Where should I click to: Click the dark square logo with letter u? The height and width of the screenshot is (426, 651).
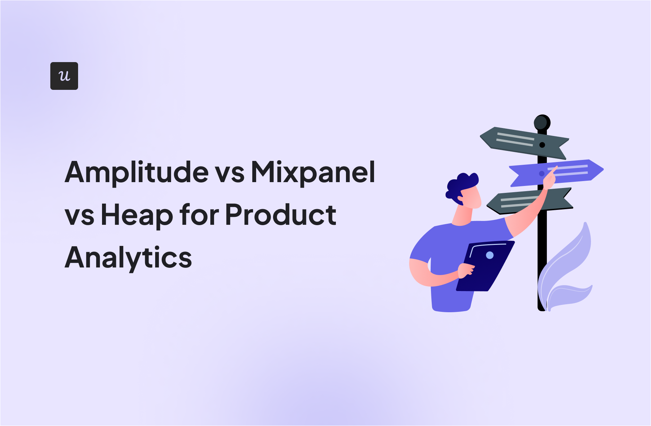pyautogui.click(x=64, y=76)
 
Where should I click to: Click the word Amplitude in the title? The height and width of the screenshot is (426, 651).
pyautogui.click(x=137, y=172)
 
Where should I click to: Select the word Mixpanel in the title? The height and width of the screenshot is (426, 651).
pyautogui.click(x=313, y=172)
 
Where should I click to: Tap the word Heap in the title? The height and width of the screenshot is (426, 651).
pyautogui.click(x=137, y=215)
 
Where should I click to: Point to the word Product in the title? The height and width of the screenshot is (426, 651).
pyautogui.click(x=281, y=215)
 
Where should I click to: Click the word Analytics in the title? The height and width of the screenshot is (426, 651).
pyautogui.click(x=128, y=258)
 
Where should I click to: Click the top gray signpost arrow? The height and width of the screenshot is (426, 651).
pyautogui.click(x=524, y=143)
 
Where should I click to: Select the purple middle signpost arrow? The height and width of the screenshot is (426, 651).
pyautogui.click(x=556, y=173)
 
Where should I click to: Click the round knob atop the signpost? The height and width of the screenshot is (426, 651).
pyautogui.click(x=542, y=122)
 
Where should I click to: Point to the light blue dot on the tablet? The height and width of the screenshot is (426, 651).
pyautogui.click(x=490, y=255)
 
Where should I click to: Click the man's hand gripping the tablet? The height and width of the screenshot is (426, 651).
pyautogui.click(x=466, y=271)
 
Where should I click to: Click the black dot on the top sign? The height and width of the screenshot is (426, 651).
pyautogui.click(x=542, y=145)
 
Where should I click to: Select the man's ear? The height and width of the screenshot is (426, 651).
pyautogui.click(x=460, y=199)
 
